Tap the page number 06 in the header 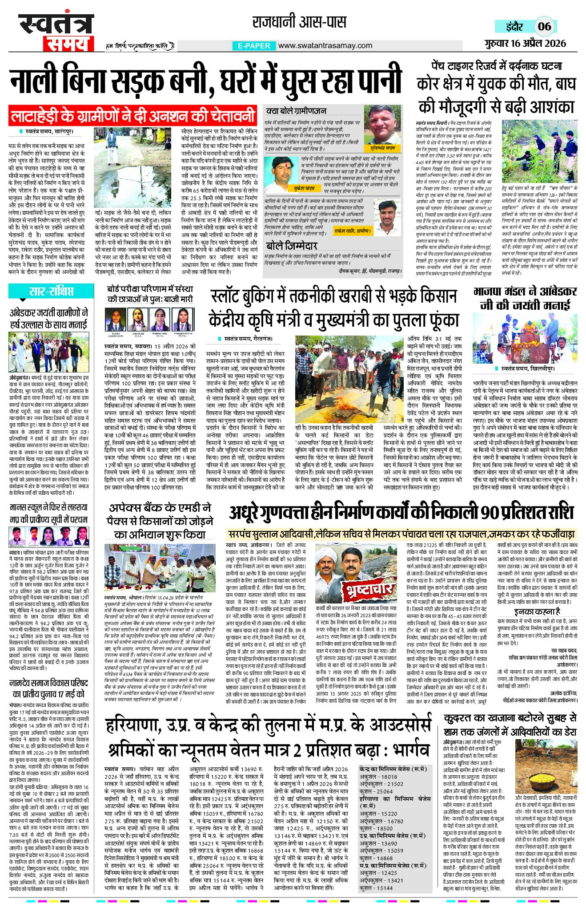coord(544,26)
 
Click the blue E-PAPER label coord(254,45)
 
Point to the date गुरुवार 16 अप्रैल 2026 coord(525,43)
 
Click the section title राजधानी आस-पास coord(299,22)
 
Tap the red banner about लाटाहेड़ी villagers coord(132,116)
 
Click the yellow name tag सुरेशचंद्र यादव coord(382,147)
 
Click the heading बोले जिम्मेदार coord(291,246)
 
